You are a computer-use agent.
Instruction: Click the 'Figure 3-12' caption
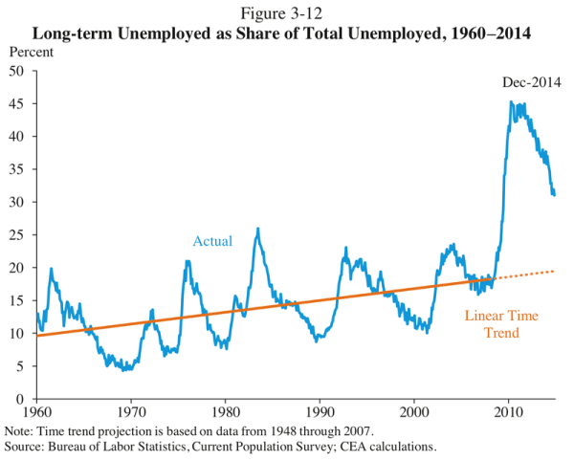(286, 12)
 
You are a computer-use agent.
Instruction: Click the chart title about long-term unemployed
(286, 32)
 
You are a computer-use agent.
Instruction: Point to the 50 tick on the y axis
(18, 71)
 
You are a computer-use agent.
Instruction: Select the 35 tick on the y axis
(18, 169)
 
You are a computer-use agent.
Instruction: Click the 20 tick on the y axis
(18, 268)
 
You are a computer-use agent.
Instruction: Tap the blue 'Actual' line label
(212, 241)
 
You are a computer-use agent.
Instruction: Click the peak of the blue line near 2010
(512, 102)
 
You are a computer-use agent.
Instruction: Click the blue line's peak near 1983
(257, 230)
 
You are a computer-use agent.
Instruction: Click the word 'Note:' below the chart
(20, 431)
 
